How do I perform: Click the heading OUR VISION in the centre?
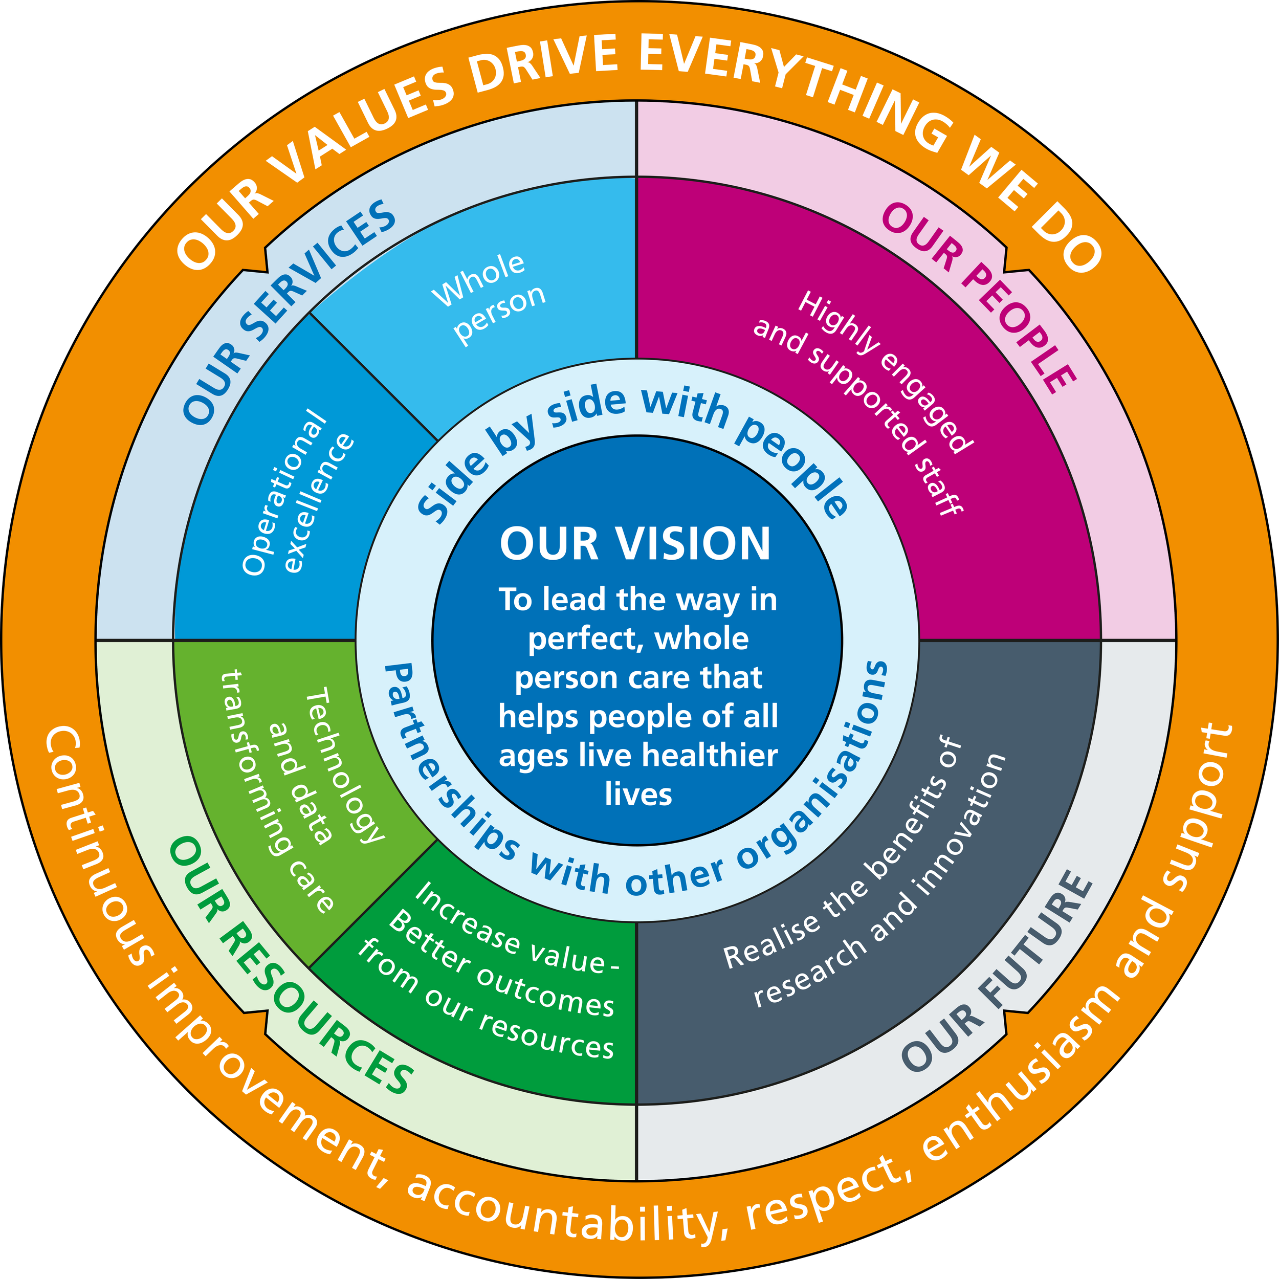point(635,544)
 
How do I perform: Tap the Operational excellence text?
point(298,493)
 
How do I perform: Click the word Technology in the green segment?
point(345,765)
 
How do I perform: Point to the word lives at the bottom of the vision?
point(638,795)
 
